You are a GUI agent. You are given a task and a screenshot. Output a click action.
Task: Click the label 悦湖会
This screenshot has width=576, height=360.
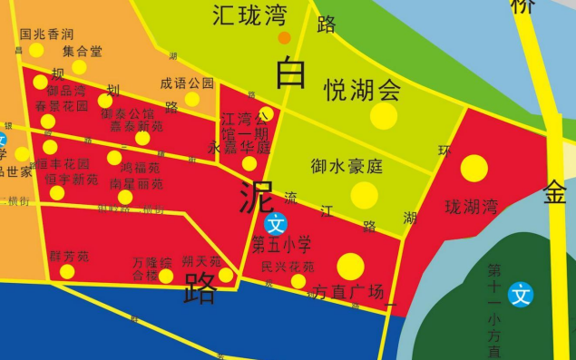pyautogui.click(x=363, y=90)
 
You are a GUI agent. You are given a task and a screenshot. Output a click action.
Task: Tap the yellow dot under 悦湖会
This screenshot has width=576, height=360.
pyautogui.click(x=384, y=115)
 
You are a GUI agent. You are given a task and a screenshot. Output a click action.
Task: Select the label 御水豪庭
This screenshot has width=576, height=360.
pyautogui.click(x=347, y=167)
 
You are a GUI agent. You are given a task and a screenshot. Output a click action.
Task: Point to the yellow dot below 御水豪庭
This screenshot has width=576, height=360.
pyautogui.click(x=364, y=195)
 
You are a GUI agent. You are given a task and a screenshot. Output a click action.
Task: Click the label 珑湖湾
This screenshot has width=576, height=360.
pyautogui.click(x=471, y=206)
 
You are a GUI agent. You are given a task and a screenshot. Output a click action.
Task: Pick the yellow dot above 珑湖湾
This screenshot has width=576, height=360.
pyautogui.click(x=473, y=169)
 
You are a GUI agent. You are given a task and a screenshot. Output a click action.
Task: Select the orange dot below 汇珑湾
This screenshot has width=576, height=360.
pyautogui.click(x=284, y=38)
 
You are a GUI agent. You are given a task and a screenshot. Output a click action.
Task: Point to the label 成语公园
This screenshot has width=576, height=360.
pyautogui.click(x=187, y=83)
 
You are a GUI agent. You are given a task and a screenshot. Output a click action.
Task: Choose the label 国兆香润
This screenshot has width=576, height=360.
pyautogui.click(x=46, y=34)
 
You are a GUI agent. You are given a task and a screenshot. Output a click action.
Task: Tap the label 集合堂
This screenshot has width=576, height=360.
pyautogui.click(x=83, y=51)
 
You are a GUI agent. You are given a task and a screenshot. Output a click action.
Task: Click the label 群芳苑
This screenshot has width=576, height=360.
pyautogui.click(x=69, y=257)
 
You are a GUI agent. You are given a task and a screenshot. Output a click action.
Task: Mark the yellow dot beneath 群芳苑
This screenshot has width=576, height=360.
pyautogui.click(x=67, y=271)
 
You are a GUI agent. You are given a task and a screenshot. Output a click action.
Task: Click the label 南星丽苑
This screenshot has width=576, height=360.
pyautogui.click(x=136, y=183)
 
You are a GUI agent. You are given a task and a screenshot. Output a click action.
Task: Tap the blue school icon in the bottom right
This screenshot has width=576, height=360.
pyautogui.click(x=521, y=294)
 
